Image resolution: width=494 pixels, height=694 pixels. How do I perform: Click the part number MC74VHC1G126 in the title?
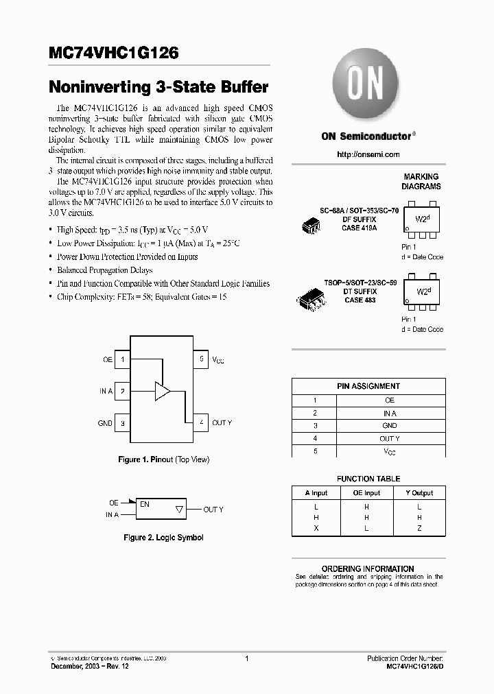coord(114,53)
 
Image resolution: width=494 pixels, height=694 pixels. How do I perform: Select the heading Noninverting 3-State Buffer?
coord(158,87)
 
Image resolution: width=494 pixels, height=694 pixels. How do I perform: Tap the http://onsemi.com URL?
coord(368,154)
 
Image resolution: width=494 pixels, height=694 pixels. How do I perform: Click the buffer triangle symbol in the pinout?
coord(162,391)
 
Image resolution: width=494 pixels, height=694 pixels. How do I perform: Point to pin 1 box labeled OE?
coord(122,359)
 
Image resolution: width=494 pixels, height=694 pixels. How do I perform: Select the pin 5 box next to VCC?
coord(201,359)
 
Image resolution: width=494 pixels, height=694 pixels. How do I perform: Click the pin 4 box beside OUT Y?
coord(201,423)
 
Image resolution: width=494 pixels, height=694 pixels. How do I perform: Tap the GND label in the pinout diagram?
coord(105,423)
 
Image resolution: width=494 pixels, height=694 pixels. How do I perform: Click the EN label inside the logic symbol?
coord(145,504)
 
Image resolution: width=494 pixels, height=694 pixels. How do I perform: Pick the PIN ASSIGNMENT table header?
coord(368,386)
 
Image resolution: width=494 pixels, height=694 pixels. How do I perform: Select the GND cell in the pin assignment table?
coord(389,426)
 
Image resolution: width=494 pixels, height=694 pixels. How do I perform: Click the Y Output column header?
coord(419,492)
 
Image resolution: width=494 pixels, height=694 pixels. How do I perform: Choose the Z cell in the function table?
coord(419,528)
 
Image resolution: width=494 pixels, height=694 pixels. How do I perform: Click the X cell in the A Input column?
coord(316,528)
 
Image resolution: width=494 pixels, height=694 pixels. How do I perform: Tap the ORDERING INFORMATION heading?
coord(368,569)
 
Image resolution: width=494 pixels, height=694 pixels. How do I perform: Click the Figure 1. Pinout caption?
coord(163,459)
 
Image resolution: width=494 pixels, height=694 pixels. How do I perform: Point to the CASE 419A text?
coord(360,228)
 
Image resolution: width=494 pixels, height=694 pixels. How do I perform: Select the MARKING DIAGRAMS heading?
coord(421,181)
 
